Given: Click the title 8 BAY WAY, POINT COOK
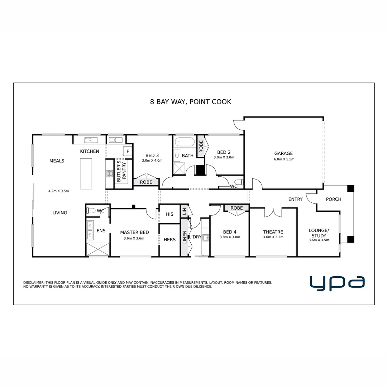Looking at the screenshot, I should pyautogui.click(x=191, y=102).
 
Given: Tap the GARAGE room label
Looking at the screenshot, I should pyautogui.click(x=283, y=153).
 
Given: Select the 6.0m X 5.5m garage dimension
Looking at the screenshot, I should pyautogui.click(x=284, y=159).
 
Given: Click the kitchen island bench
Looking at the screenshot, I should pyautogui.click(x=86, y=173).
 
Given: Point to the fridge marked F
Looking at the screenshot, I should pyautogui.click(x=128, y=152).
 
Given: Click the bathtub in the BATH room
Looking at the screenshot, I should pyautogui.click(x=185, y=143).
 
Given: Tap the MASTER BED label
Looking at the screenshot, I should pyautogui.click(x=134, y=232).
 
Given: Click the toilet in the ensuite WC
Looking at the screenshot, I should pyautogui.click(x=91, y=211).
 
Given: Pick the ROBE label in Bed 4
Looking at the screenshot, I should pyautogui.click(x=236, y=208).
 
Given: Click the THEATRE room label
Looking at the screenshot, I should pyautogui.click(x=273, y=232).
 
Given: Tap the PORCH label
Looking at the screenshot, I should pyautogui.click(x=334, y=199).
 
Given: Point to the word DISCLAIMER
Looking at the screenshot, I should pyautogui.click(x=34, y=283).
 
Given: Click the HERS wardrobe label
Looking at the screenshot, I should pyautogui.click(x=169, y=240).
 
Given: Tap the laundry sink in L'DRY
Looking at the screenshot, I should pyautogui.click(x=206, y=237).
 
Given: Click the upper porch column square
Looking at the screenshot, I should pyautogui.click(x=350, y=188).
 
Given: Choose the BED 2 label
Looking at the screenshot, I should pyautogui.click(x=224, y=152).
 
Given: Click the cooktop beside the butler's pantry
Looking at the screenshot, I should pyautogui.click(x=109, y=174).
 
